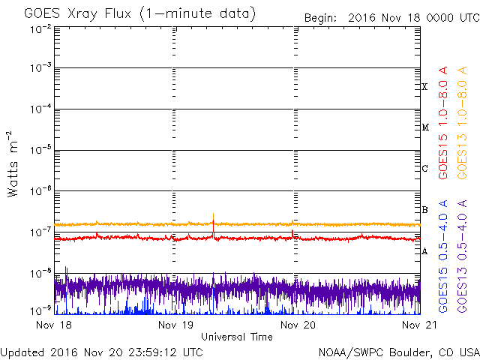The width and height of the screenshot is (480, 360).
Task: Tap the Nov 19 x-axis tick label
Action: pyautogui.click(x=176, y=325)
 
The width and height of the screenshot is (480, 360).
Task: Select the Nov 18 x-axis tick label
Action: pyautogui.click(x=55, y=325)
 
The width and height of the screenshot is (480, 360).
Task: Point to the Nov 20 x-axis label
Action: pyautogui.click(x=298, y=325)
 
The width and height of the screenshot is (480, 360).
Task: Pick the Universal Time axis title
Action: pyautogui.click(x=237, y=337)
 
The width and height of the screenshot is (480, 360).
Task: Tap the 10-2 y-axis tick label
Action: pyautogui.click(x=40, y=28)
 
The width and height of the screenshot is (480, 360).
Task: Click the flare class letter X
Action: pyautogui.click(x=424, y=87)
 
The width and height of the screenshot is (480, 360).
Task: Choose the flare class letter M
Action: pyautogui.click(x=424, y=127)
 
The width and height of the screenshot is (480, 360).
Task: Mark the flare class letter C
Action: pyautogui.click(x=424, y=169)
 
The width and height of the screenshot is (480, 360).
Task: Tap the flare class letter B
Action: pyautogui.click(x=424, y=210)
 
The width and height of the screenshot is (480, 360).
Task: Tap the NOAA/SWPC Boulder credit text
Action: pyautogui.click(x=398, y=352)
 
